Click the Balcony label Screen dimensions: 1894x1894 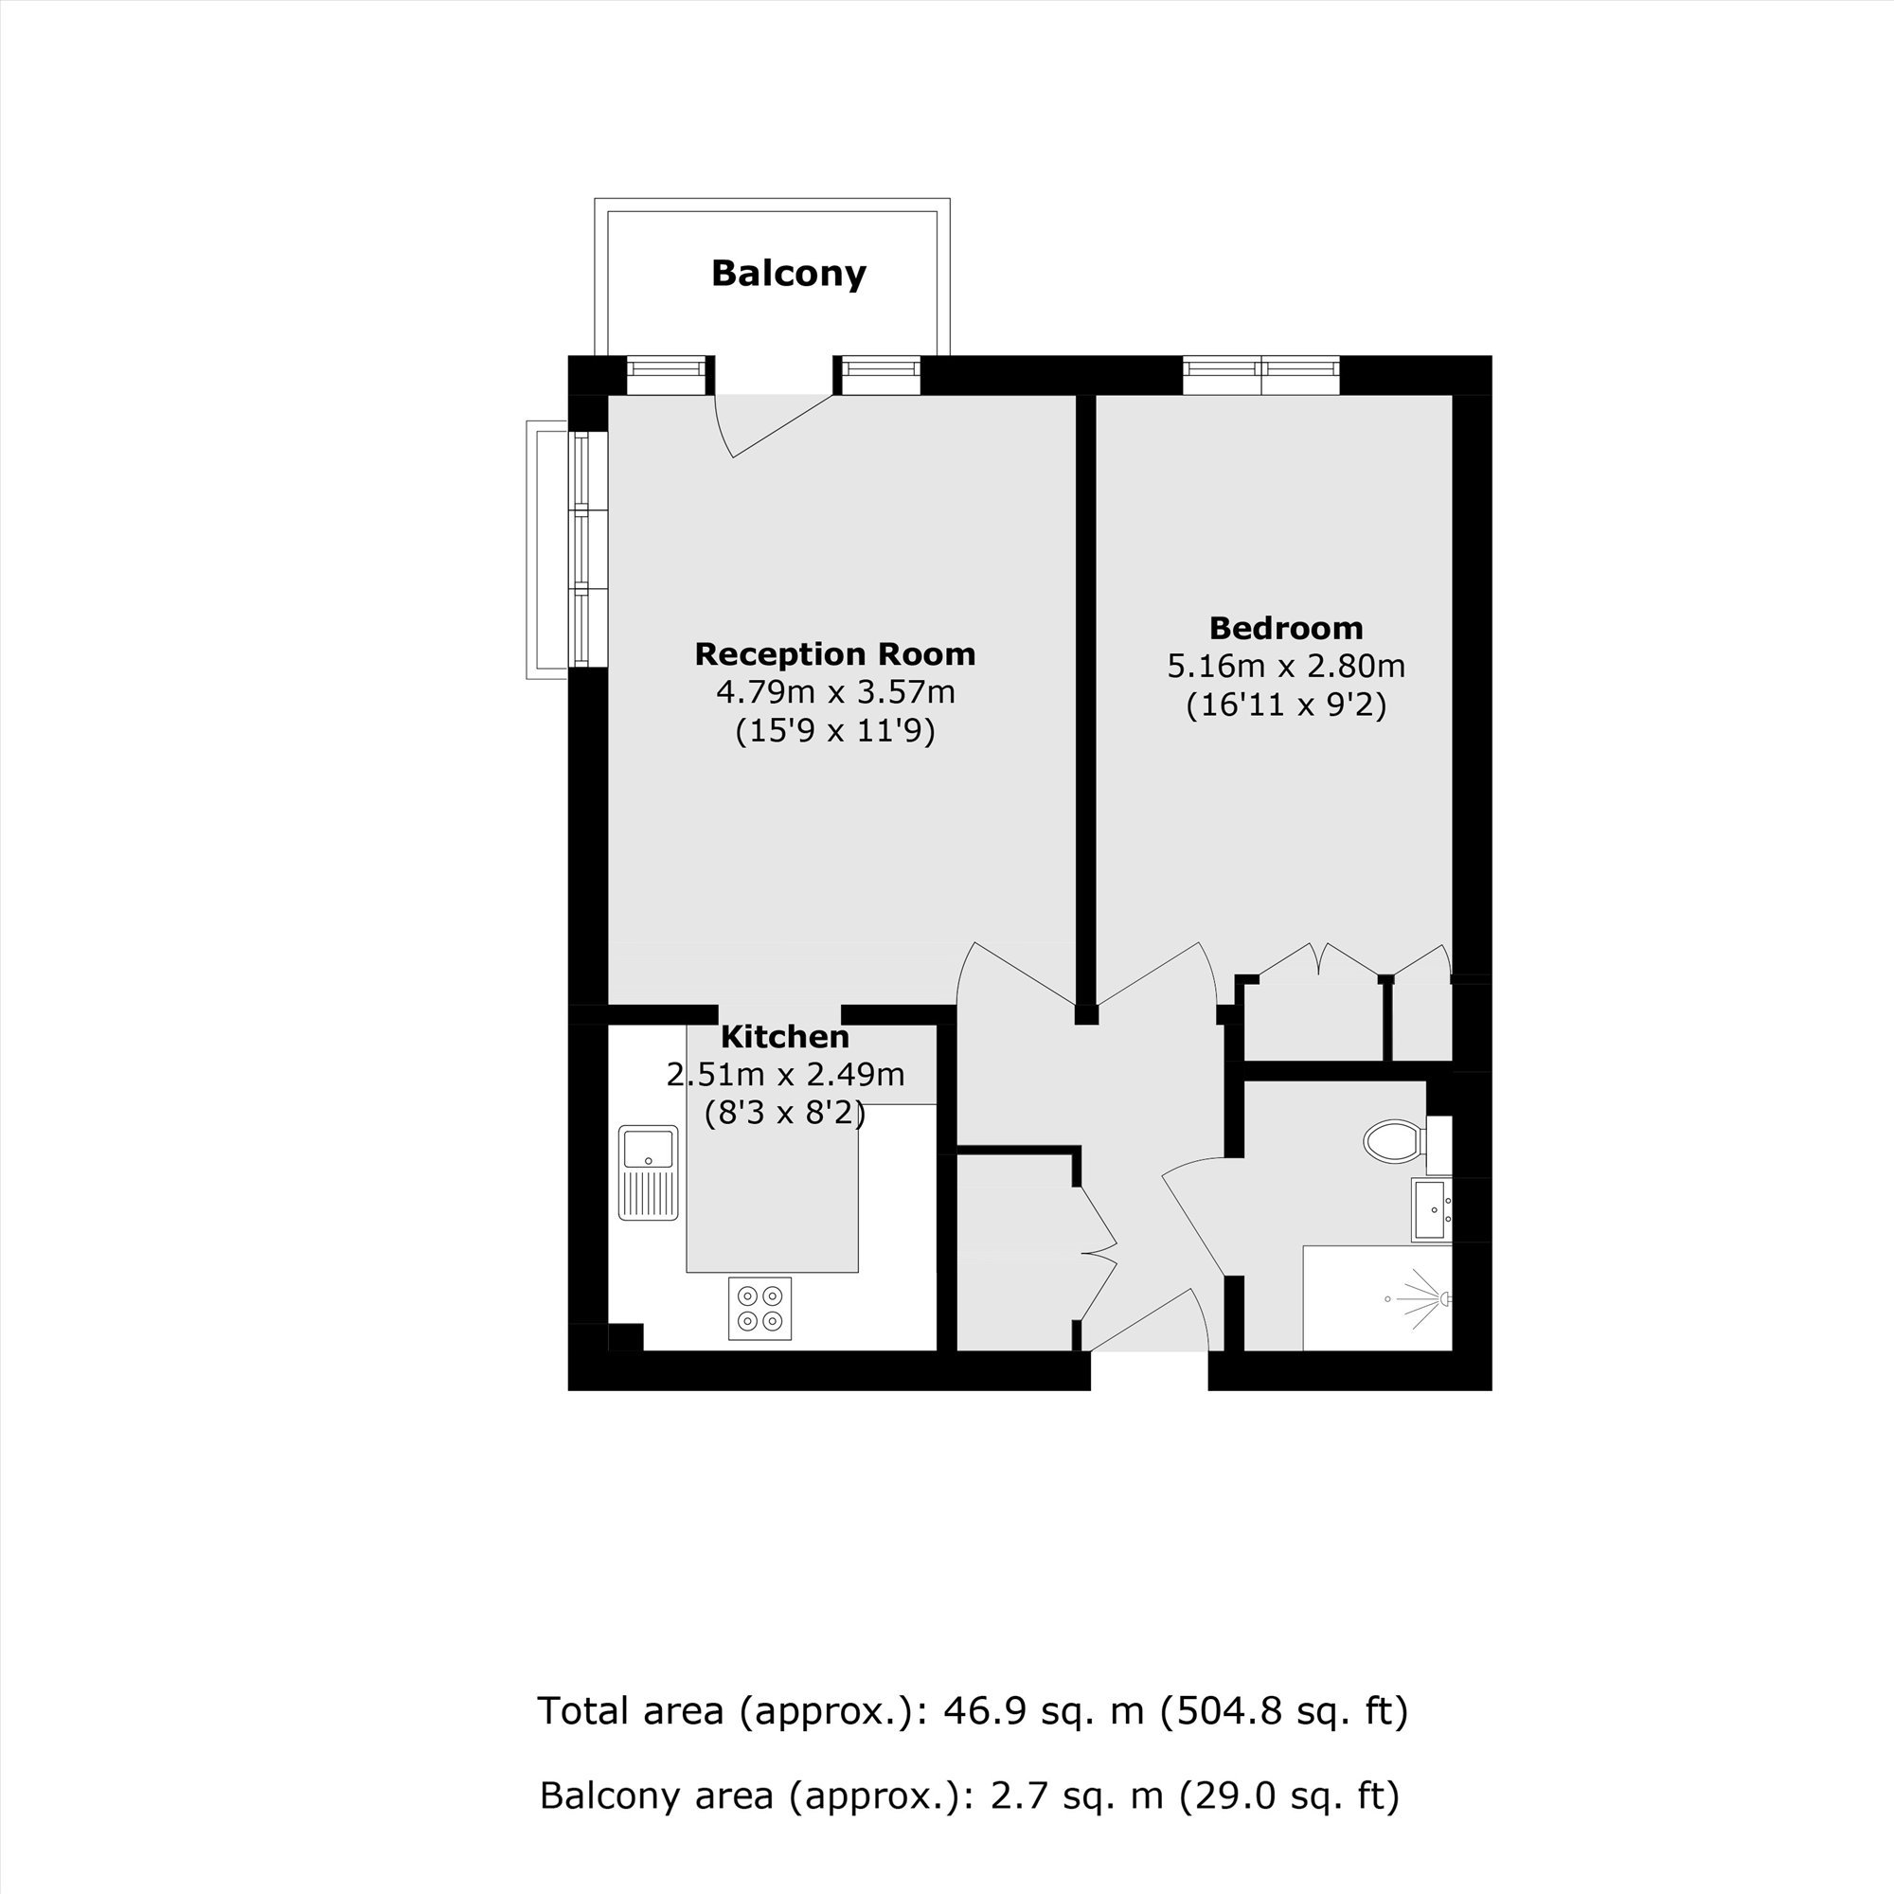pos(788,274)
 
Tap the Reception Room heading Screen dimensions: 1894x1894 pos(834,653)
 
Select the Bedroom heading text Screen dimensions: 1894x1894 pos(1285,628)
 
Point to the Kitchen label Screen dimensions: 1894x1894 pos(784,1036)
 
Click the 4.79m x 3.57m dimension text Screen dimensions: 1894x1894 pos(835,692)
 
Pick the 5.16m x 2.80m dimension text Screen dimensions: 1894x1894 pos(1285,667)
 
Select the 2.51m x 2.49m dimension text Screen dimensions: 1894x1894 pos(785,1075)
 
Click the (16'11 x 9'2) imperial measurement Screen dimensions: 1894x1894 pos(1285,706)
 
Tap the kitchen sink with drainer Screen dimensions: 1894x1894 pos(648,1172)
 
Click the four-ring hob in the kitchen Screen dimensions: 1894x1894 pos(759,1308)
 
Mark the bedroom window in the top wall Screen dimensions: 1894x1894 pos(1260,373)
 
